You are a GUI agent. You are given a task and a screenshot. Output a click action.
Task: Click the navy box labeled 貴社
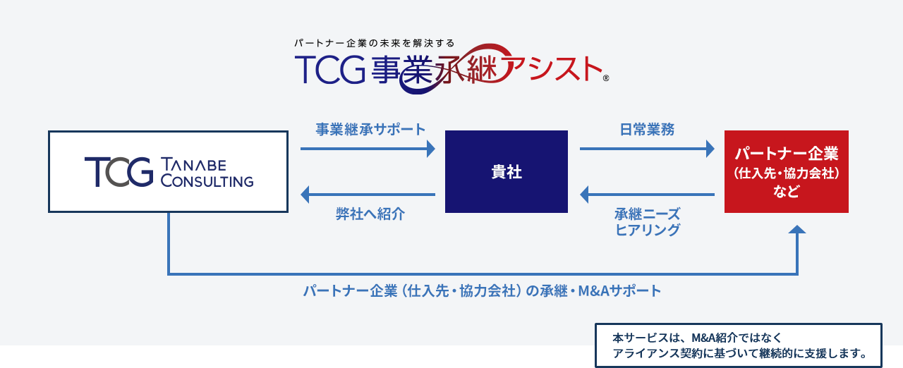pos(507,171)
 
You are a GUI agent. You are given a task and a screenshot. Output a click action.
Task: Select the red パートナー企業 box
pos(786,171)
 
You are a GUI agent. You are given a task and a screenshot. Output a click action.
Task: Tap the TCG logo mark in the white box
pos(118,171)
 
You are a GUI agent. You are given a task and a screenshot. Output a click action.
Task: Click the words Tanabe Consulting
pos(207,172)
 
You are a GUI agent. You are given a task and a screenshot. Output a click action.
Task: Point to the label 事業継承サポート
pos(370,130)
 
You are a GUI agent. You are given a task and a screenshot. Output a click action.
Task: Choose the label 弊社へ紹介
pos(370,214)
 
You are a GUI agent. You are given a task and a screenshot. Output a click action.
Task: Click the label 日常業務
pos(647,130)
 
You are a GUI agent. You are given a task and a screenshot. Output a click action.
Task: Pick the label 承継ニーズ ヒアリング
pos(647,221)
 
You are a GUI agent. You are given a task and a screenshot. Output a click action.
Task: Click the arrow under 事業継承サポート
pos(368,149)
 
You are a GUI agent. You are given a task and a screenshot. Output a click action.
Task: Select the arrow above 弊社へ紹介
pos(368,194)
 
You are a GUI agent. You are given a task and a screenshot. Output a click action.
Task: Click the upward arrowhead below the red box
pos(797,230)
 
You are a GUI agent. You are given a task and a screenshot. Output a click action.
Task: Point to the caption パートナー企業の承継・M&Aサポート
pos(483,290)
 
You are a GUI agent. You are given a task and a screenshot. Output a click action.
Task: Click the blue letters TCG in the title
pos(329,68)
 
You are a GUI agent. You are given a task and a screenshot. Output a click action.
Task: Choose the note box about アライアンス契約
pos(738,345)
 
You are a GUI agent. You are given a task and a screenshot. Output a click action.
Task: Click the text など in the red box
pos(786,191)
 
